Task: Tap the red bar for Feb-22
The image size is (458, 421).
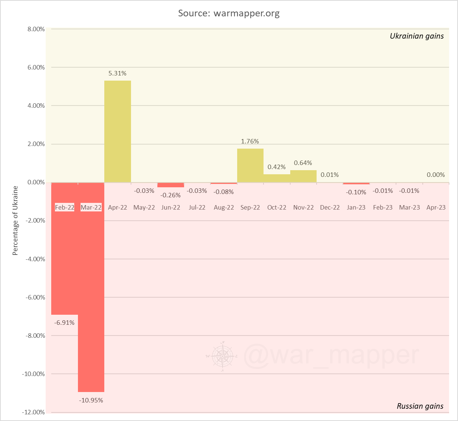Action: tap(65, 260)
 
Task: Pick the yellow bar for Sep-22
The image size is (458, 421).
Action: tap(250, 165)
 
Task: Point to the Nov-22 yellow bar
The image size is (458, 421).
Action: tap(303, 176)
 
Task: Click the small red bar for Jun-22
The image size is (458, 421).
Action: tap(171, 185)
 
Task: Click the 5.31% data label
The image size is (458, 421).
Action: tap(117, 74)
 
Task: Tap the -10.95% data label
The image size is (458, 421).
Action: tap(91, 400)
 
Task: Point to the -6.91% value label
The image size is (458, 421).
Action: tap(65, 323)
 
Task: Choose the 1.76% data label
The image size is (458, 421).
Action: tap(250, 141)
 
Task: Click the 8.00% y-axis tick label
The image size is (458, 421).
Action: tap(36, 29)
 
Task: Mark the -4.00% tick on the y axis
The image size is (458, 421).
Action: tap(35, 259)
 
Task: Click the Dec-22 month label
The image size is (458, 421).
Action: tap(330, 207)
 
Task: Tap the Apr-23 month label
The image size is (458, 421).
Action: tap(436, 207)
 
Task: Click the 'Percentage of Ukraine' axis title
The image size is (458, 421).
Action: tap(15, 220)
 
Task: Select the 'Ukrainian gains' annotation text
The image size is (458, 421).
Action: tap(416, 36)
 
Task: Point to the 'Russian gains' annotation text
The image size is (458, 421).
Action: tap(420, 406)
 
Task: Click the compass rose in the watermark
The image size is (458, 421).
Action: tap(222, 356)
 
